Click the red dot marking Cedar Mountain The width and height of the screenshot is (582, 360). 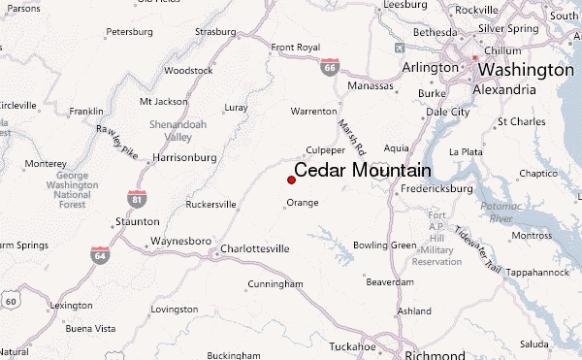click(292, 180)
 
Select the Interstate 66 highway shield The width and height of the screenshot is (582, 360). click(331, 69)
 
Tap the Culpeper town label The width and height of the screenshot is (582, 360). click(325, 150)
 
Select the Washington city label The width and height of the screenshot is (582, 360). click(526, 70)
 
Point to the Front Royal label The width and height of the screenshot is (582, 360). click(295, 47)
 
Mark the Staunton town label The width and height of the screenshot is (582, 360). click(136, 222)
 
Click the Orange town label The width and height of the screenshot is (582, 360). click(303, 203)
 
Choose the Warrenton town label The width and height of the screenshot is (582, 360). click(313, 112)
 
